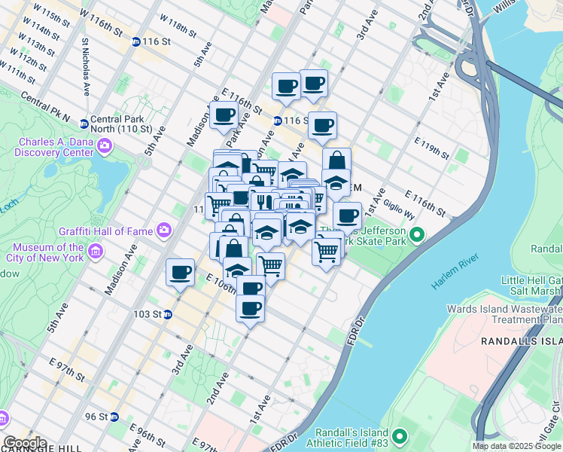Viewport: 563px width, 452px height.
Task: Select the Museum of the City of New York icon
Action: pyautogui.click(x=96, y=251)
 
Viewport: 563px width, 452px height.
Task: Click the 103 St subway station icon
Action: pyautogui.click(x=168, y=314)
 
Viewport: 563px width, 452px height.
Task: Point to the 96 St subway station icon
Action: pyautogui.click(x=114, y=417)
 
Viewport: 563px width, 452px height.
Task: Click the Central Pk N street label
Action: pyautogui.click(x=45, y=108)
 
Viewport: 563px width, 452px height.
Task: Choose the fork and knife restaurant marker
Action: pyautogui.click(x=262, y=201)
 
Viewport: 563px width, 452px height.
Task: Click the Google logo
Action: pyautogui.click(x=25, y=443)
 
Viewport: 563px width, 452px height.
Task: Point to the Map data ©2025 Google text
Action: pyautogui.click(x=516, y=446)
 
